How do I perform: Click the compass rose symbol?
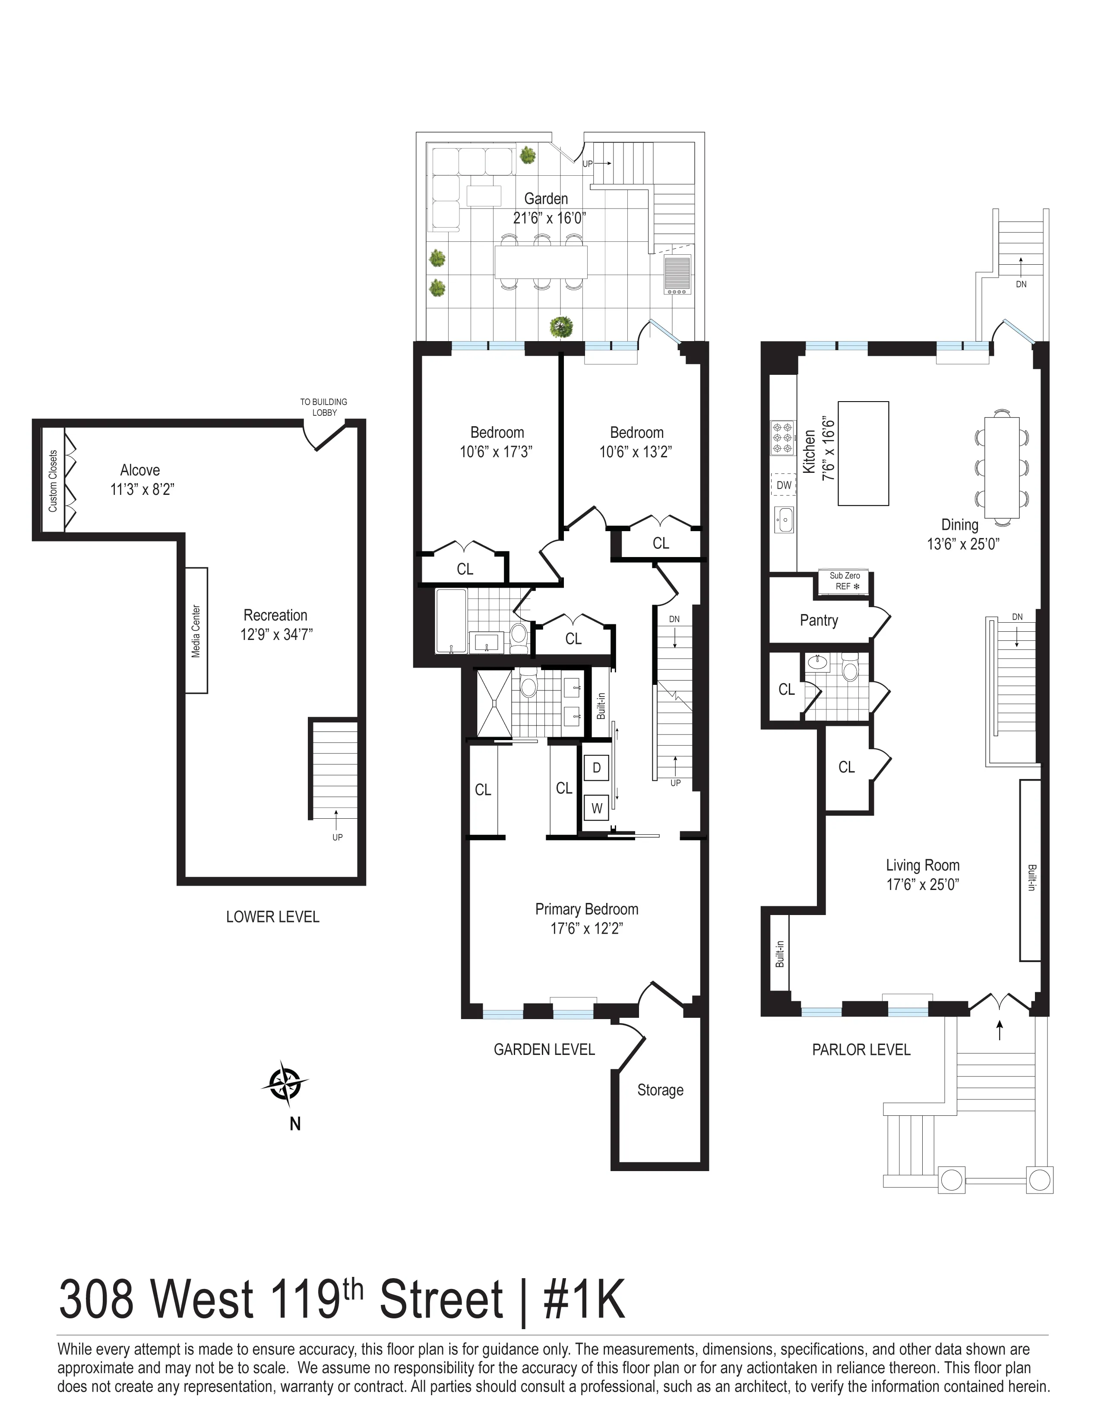[285, 1084]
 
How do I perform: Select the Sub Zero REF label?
[845, 581]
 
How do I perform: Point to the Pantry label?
[819, 621]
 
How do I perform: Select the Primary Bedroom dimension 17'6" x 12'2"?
[586, 928]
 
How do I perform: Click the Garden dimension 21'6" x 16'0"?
[549, 218]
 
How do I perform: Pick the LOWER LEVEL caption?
[272, 917]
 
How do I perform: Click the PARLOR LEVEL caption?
[861, 1050]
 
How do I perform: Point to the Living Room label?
[922, 865]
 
